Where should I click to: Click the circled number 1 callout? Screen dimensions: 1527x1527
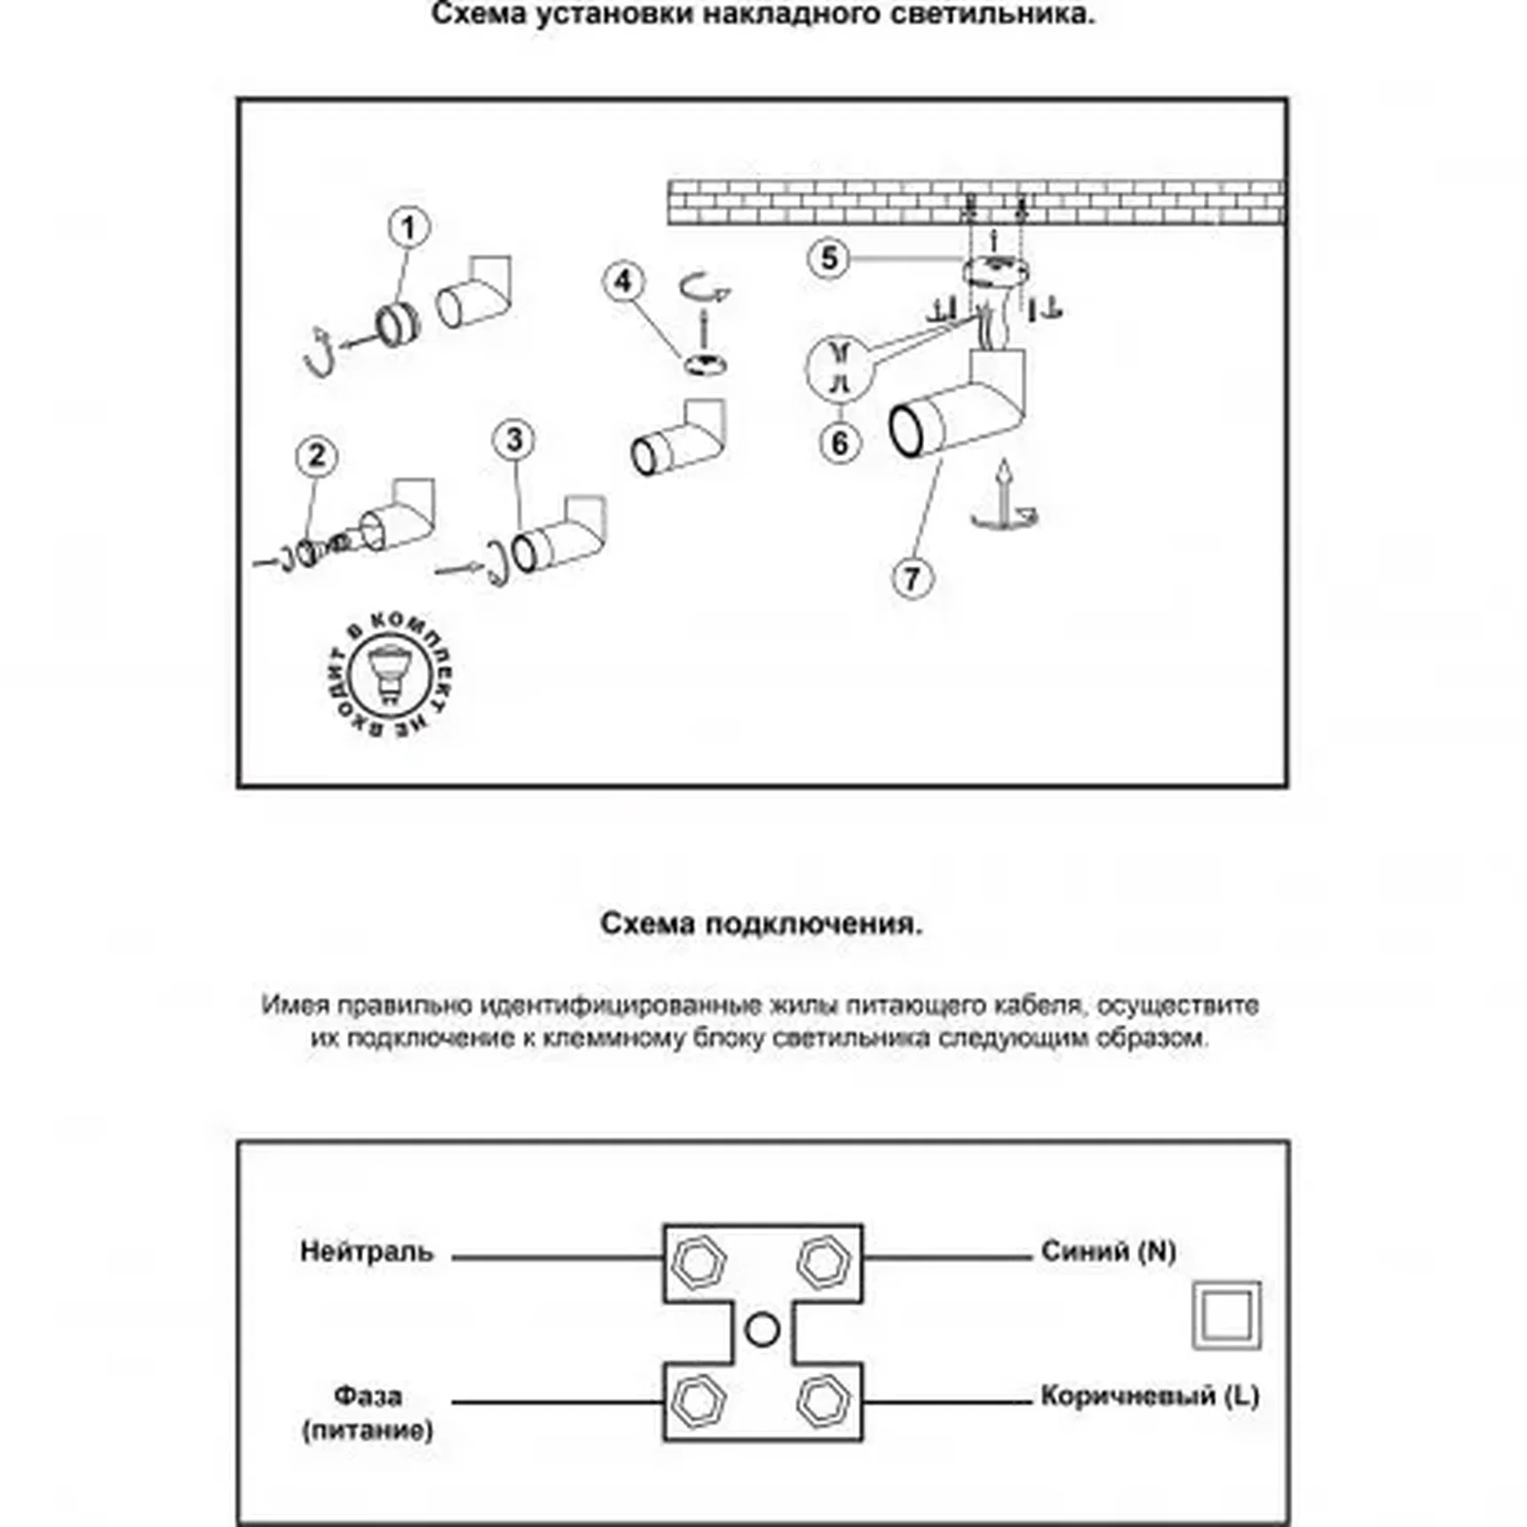[x=408, y=228]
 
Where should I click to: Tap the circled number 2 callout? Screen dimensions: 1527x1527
[x=316, y=456]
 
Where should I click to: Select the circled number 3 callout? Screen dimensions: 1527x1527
[x=514, y=440]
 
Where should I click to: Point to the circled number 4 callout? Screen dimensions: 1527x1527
[x=623, y=281]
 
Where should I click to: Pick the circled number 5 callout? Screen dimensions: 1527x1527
[x=828, y=259]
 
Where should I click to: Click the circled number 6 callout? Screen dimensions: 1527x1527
[x=840, y=442]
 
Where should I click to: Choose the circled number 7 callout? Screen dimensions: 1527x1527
[x=913, y=579]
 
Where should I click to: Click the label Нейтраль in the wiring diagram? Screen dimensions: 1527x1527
[x=367, y=1252]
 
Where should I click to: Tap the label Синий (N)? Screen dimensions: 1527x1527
[x=1108, y=1252]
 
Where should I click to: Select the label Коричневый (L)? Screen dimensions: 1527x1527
[x=1150, y=1396]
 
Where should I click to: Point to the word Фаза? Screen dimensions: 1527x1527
[x=368, y=1396]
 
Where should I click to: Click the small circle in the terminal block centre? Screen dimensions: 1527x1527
[x=762, y=1330]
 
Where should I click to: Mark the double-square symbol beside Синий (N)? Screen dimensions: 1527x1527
[x=1226, y=1315]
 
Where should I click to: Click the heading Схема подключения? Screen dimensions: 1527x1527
[x=762, y=924]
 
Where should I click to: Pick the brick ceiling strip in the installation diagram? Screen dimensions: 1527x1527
[x=977, y=202]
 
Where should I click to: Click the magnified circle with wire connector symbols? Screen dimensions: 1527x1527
[x=840, y=368]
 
